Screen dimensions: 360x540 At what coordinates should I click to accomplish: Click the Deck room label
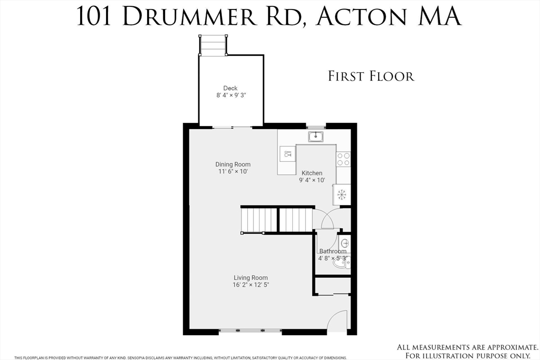[230, 88]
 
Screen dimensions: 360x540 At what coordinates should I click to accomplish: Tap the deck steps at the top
[213, 45]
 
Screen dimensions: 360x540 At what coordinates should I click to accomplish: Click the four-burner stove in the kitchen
[343, 159]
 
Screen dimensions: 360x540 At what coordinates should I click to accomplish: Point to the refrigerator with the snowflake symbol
[342, 194]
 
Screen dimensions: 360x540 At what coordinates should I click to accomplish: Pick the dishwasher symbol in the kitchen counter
[287, 154]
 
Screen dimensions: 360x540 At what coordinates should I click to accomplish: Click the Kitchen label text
[312, 173]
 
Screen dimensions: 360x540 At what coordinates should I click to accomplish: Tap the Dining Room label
[233, 164]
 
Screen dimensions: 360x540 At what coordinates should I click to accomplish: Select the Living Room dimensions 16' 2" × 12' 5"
[251, 285]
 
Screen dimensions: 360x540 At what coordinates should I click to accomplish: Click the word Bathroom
[332, 251]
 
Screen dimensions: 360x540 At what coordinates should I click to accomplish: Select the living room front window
[250, 330]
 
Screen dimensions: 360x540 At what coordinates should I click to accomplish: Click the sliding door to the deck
[232, 127]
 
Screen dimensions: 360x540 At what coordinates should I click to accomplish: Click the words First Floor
[371, 76]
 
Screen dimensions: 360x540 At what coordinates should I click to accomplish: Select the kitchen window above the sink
[316, 127]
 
